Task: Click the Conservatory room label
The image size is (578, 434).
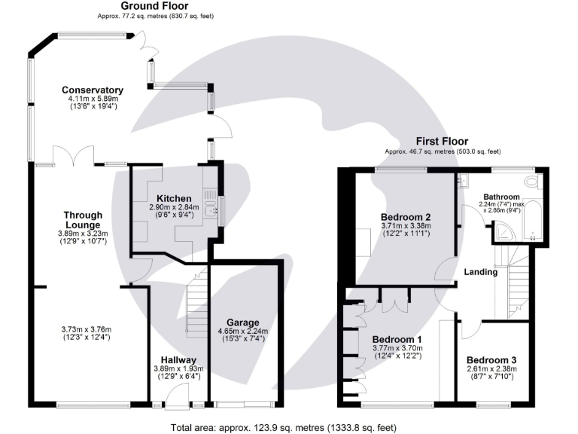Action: coord(93,90)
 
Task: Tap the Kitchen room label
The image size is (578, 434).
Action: coord(174,199)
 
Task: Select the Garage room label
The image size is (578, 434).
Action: coord(243,322)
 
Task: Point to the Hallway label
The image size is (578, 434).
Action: coord(178,360)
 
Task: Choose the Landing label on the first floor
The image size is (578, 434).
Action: coord(481,272)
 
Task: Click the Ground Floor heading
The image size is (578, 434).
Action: coord(154,6)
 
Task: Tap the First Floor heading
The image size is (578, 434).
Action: coord(442,141)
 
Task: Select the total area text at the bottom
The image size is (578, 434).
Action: coord(284,428)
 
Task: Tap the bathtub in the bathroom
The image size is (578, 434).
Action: coord(532,220)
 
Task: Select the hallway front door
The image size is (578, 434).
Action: coord(178,395)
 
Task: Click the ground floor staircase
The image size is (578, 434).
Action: coord(196,303)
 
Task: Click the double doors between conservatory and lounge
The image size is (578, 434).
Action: coord(73,155)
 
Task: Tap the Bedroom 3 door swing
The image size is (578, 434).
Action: coord(471,329)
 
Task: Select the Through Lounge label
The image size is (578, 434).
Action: coord(83,220)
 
